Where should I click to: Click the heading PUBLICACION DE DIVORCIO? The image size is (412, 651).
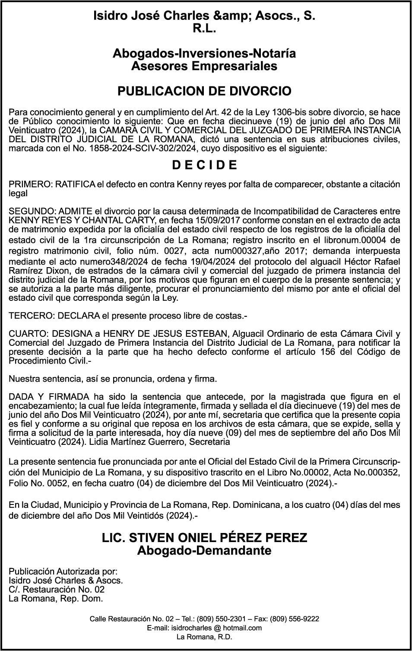tap(204, 91)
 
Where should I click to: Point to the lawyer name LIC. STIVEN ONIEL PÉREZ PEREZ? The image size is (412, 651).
tap(204, 538)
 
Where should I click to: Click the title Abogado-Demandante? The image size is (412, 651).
tap(204, 551)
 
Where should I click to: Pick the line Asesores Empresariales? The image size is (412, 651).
tap(204, 66)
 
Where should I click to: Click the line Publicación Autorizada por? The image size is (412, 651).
tap(63, 571)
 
